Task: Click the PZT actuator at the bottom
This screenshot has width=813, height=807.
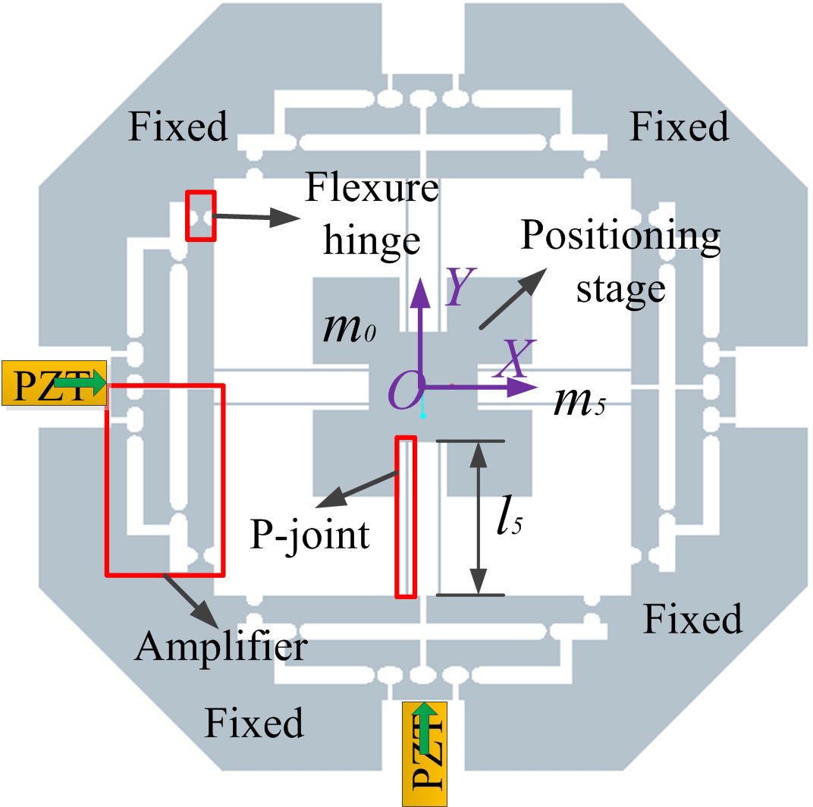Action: point(425,754)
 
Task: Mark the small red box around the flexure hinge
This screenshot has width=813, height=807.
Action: point(202,215)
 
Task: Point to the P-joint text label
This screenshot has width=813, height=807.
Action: point(310,535)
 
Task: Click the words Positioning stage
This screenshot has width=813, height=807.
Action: point(620,262)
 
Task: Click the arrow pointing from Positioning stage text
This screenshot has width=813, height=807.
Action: point(513,299)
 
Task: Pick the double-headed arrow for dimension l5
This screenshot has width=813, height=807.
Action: point(477,518)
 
